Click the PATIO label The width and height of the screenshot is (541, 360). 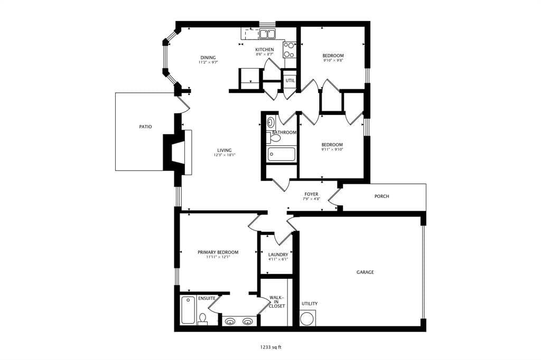pos(145,127)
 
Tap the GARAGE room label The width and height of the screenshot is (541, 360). pos(365,272)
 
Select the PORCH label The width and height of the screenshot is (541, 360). pos(381,196)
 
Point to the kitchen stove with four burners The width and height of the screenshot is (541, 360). pos(290,50)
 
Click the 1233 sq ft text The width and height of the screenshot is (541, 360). pos(271,347)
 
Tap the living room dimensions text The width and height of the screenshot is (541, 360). pos(224,155)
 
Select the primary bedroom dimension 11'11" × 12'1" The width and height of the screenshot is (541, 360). pos(218,257)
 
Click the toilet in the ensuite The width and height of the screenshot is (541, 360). pos(203,319)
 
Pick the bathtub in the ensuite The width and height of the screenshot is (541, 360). pos(188,310)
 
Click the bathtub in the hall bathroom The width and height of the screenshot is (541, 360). pos(282,154)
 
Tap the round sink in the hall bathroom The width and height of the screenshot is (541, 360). pos(271,122)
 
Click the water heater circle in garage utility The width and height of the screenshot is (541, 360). pos(307,318)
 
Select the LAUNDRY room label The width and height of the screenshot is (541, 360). pos(278,254)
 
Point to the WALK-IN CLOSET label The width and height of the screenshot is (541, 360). pos(277,301)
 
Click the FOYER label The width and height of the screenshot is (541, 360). pos(311,194)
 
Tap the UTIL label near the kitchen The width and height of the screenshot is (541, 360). pos(290,80)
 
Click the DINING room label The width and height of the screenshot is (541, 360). pos(208,58)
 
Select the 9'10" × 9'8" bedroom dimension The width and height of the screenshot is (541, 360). pos(333,60)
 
